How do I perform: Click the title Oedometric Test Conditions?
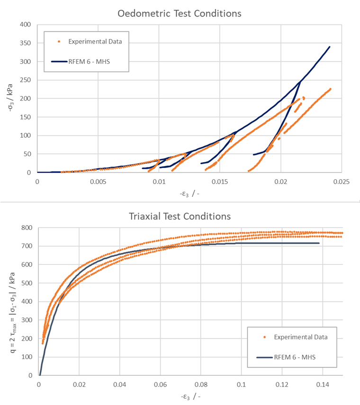(x=180, y=13)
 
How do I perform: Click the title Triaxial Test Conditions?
(x=180, y=216)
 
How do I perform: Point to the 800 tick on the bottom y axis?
(x=27, y=228)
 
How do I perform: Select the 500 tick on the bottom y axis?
(x=27, y=283)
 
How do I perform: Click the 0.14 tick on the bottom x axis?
(x=323, y=384)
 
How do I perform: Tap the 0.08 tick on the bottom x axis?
(x=201, y=384)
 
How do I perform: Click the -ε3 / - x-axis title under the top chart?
(x=189, y=194)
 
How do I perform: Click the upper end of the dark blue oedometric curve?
(x=330, y=47)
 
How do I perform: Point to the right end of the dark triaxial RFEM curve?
(x=319, y=243)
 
